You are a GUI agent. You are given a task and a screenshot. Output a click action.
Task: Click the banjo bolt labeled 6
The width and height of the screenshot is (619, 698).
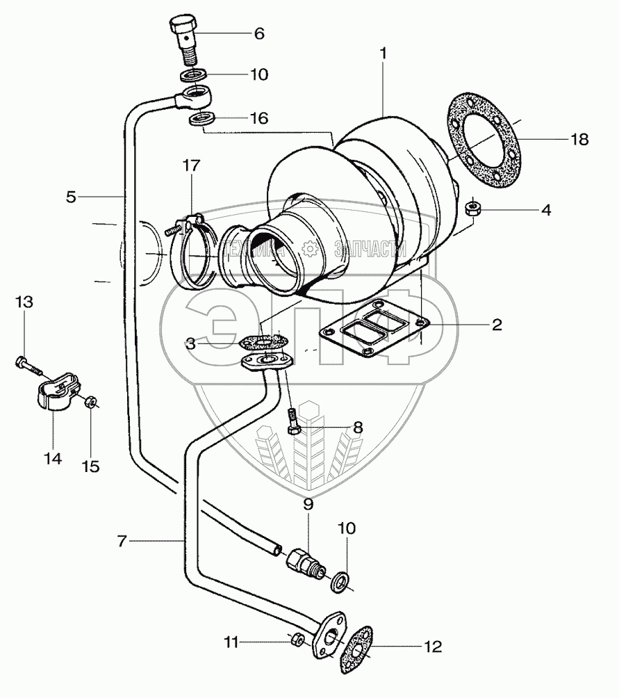[x=185, y=40]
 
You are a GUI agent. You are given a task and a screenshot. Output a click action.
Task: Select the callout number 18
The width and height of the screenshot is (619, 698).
[x=579, y=139]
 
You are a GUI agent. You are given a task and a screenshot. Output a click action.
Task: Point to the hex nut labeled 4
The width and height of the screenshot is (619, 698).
[x=472, y=207]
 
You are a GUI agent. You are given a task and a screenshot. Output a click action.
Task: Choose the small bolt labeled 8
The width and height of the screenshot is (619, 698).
[x=292, y=420]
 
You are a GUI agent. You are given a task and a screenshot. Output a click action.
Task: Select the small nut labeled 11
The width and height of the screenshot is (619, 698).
[x=297, y=640]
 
